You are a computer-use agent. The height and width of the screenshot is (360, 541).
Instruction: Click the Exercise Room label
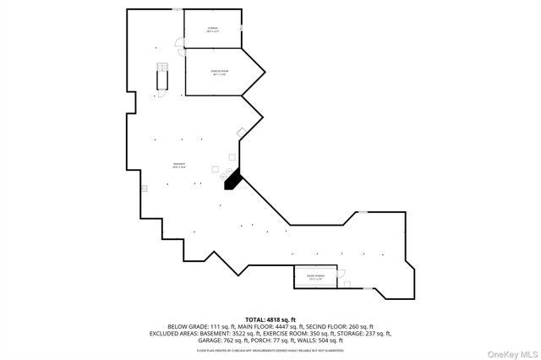[x=220, y=73]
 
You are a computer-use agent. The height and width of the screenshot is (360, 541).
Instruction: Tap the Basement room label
[x=179, y=165]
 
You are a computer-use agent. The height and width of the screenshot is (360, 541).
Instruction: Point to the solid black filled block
[x=231, y=179]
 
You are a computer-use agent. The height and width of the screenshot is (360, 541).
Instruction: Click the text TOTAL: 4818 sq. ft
[x=270, y=319]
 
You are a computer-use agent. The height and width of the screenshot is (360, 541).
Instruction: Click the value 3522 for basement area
[x=247, y=333]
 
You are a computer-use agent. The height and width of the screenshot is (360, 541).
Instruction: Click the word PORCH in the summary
[x=255, y=340]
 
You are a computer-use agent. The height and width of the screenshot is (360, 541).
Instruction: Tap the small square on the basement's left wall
[x=144, y=188]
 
